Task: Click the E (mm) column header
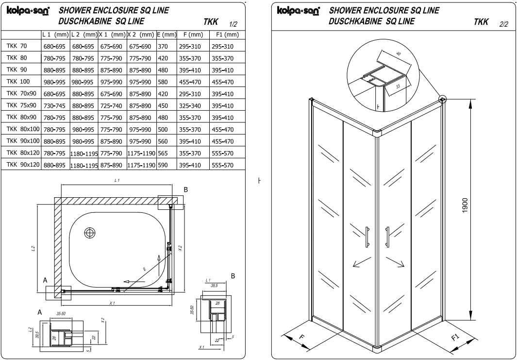166,35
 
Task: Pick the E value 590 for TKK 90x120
163,165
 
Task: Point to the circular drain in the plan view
90,233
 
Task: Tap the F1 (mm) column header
228,35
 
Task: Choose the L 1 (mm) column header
56,35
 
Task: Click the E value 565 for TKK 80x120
163,153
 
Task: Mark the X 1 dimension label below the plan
112,303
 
